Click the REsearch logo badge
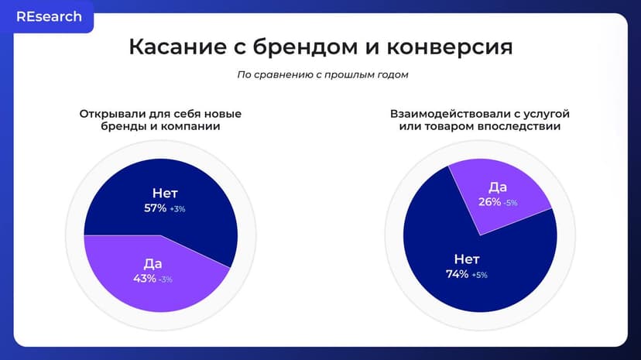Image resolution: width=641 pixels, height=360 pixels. click(49, 17)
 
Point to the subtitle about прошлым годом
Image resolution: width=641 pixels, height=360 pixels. click(322, 75)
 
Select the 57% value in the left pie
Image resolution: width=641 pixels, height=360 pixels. click(155, 208)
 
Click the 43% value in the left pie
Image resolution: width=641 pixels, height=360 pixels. click(144, 278)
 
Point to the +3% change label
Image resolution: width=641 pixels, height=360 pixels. click(178, 209)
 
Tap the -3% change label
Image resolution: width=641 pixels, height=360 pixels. click(166, 279)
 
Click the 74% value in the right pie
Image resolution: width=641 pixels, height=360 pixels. click(457, 274)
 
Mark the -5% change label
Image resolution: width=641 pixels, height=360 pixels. click(509, 203)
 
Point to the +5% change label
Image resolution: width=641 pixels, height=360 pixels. click(479, 275)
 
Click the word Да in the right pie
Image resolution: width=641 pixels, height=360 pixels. click(498, 187)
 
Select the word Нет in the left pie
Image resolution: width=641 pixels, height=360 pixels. click(166, 193)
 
